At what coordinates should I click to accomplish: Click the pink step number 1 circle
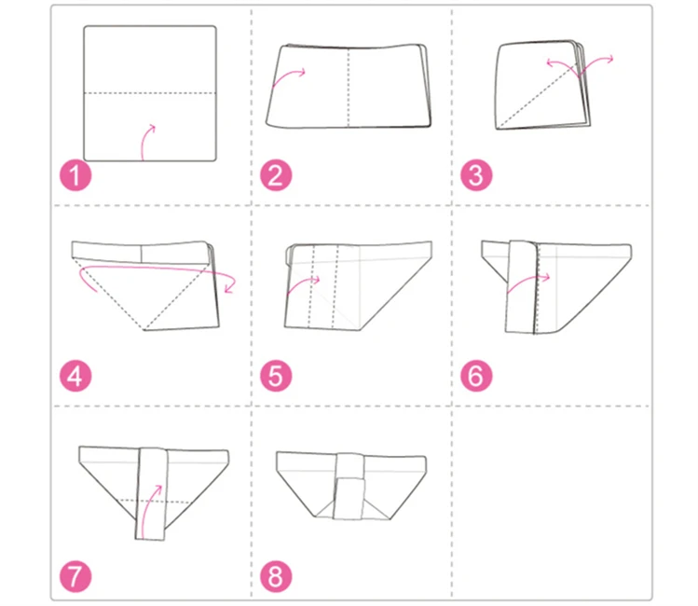pyautogui.click(x=75, y=175)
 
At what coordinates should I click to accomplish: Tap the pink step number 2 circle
pyautogui.click(x=276, y=175)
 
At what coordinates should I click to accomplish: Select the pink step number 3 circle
pyautogui.click(x=476, y=175)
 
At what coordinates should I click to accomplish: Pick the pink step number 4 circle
pyautogui.click(x=75, y=377)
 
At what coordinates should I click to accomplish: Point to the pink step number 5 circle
pyautogui.click(x=276, y=377)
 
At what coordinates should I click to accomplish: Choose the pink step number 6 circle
pyautogui.click(x=476, y=377)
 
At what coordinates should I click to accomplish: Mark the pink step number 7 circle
pyautogui.click(x=75, y=576)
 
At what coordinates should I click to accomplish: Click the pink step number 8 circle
pyautogui.click(x=276, y=576)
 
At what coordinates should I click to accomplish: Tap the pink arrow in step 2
pyautogui.click(x=286, y=75)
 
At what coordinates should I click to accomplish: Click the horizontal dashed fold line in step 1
pyautogui.click(x=150, y=93)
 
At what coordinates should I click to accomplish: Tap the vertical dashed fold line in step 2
pyautogui.click(x=349, y=88)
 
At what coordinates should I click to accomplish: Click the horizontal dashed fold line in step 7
pyautogui.click(x=155, y=501)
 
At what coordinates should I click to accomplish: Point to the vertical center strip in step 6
pyautogui.click(x=522, y=287)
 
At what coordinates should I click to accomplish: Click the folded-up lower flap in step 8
pyautogui.click(x=349, y=499)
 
